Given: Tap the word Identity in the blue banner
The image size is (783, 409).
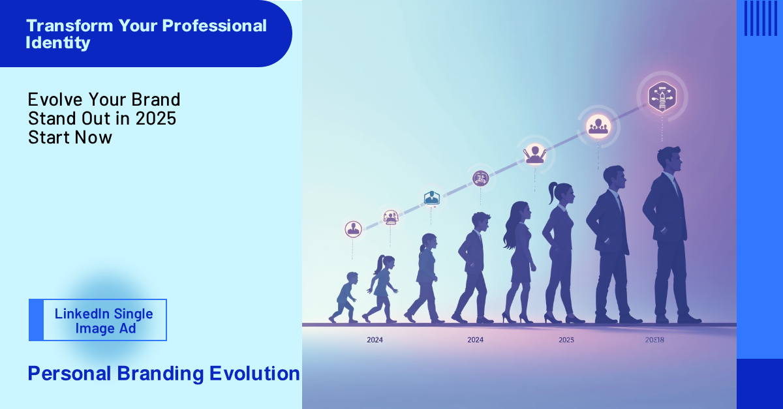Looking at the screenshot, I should (57, 43).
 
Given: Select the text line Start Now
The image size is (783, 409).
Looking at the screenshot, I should (70, 137).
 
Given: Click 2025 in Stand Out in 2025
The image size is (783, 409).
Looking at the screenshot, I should (156, 119).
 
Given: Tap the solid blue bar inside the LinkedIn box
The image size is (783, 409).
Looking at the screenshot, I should (37, 320).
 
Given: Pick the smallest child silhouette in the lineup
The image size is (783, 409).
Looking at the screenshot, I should (345, 297).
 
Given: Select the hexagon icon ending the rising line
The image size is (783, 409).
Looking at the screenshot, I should (661, 96).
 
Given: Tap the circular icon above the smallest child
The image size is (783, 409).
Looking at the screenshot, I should (353, 228).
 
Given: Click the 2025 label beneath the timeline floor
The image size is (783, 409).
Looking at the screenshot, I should (566, 340).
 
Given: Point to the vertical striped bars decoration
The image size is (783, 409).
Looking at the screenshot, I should (760, 18).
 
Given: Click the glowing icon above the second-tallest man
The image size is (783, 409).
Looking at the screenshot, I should (597, 125).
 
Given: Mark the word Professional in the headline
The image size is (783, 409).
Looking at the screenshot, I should (214, 26).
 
